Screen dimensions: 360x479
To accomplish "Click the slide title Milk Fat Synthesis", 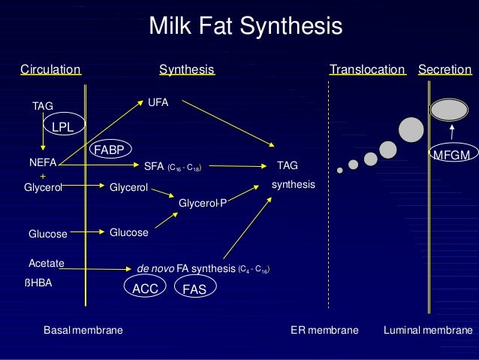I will tap(246, 27).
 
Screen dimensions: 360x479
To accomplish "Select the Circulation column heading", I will tap(50, 70).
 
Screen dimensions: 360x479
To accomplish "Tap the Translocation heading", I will tap(367, 70).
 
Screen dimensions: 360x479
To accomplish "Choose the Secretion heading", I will tap(444, 70).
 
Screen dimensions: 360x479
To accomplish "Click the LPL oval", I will tap(62, 128).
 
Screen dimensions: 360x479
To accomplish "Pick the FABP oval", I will tap(109, 150).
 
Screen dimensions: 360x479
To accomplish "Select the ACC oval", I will tap(144, 288).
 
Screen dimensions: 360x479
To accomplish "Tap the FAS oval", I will tap(194, 288).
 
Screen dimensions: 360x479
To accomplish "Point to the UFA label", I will tap(158, 101).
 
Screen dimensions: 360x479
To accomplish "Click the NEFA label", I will tap(43, 162).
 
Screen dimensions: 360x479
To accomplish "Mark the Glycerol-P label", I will tap(203, 202).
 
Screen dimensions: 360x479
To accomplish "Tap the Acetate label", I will tap(46, 263).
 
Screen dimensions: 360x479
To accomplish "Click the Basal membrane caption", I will tap(83, 330).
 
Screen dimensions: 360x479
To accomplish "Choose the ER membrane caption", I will tap(324, 330).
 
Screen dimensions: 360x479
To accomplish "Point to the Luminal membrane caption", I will tap(428, 330).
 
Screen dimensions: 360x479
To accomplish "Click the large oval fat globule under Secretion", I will tap(450, 110).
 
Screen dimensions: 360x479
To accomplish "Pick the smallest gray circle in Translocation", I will tap(339, 171).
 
